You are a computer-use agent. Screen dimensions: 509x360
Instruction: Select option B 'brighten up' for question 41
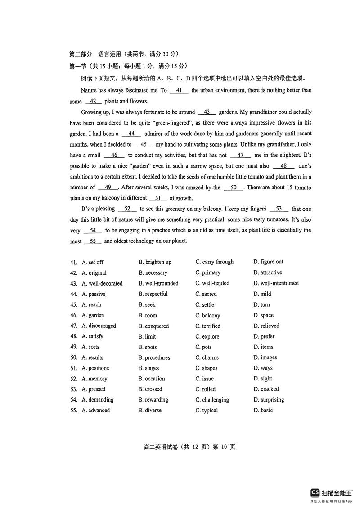[x=155, y=262]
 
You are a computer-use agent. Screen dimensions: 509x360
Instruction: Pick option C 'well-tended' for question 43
[x=212, y=283]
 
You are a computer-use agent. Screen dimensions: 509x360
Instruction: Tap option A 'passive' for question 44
[x=94, y=294]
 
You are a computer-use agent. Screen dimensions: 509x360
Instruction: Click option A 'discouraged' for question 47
[x=99, y=326]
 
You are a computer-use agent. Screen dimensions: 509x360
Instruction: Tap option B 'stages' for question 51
[x=148, y=368]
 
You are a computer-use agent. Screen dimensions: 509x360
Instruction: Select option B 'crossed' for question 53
[x=150, y=389]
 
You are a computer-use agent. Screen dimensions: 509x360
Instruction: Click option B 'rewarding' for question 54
[x=153, y=400]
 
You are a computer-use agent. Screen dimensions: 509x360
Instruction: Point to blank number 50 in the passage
[x=234, y=188]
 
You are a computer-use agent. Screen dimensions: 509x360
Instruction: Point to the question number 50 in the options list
[x=74, y=357]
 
